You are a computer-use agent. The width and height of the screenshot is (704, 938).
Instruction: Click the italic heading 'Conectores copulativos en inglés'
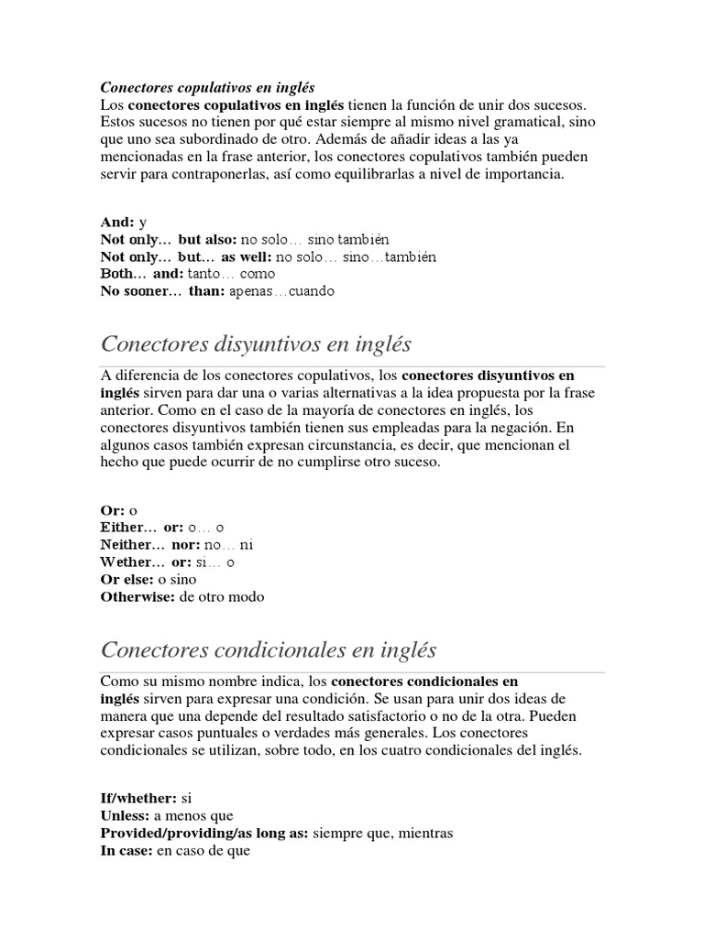[206, 88]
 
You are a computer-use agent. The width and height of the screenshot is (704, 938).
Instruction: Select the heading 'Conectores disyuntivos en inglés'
[256, 345]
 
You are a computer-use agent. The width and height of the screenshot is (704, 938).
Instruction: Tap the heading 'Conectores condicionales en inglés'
[268, 651]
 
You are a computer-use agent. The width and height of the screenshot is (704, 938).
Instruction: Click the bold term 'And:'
[117, 223]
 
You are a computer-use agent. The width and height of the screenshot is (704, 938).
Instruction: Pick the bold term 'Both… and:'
[142, 275]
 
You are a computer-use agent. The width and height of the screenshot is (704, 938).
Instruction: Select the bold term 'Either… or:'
[142, 528]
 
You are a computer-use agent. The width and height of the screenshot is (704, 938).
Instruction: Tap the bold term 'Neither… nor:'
[149, 545]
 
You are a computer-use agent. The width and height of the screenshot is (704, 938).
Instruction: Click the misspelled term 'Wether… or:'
[145, 562]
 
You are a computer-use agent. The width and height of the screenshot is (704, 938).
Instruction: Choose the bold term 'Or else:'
[127, 580]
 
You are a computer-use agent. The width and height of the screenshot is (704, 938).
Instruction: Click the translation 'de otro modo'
[222, 597]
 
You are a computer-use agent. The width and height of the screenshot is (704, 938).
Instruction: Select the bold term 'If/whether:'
[138, 798]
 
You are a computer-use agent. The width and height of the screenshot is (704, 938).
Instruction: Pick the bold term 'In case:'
[126, 850]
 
